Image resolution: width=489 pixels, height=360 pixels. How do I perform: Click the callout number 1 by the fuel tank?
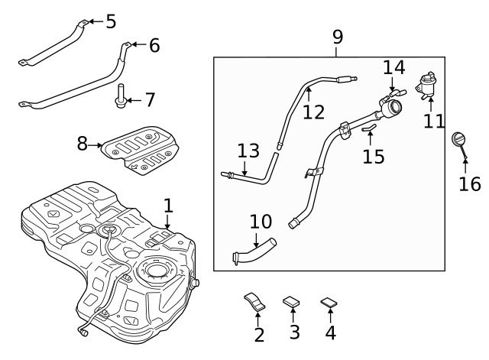[x=168, y=205]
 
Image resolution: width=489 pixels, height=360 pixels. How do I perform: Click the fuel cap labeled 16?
[x=459, y=141]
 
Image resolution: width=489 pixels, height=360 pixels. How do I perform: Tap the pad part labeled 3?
[x=292, y=303]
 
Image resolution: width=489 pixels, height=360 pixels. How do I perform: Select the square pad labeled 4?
[x=329, y=303]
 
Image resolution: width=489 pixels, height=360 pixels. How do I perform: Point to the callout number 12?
[x=313, y=112]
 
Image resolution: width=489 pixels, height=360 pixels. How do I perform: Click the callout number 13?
[x=248, y=151]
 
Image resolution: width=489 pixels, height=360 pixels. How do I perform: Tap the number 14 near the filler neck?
[x=393, y=67]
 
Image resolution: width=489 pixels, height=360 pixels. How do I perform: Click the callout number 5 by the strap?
[x=111, y=21]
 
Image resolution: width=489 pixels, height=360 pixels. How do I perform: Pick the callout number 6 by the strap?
[x=154, y=46]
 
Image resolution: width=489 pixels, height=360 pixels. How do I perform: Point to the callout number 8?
[x=83, y=143]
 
